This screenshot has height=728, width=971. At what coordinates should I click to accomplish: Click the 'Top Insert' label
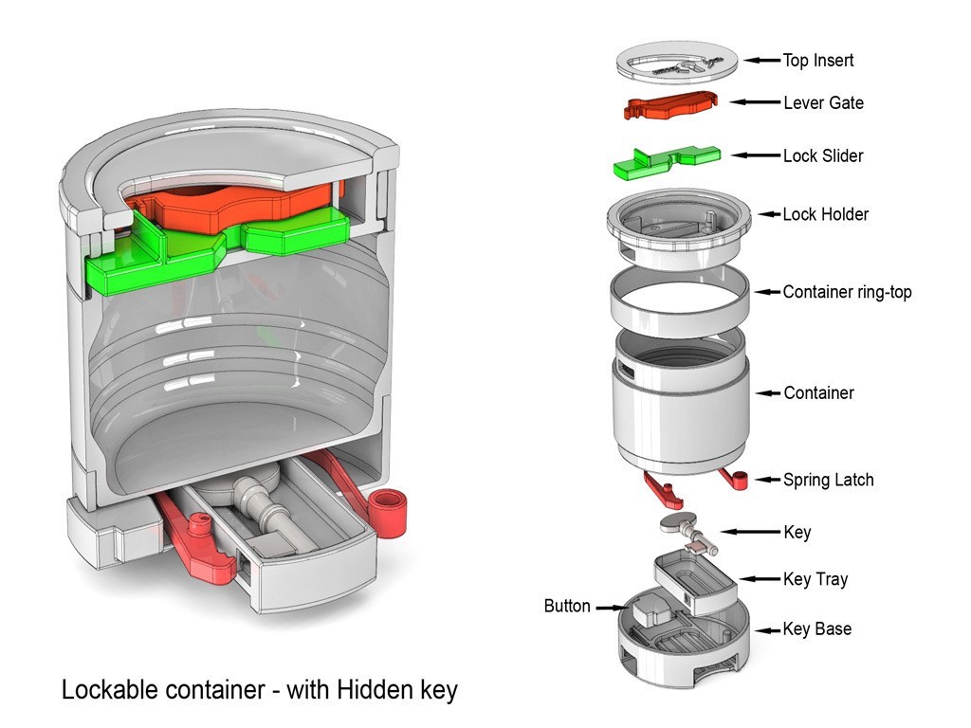817,61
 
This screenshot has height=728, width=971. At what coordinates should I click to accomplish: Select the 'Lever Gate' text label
823,102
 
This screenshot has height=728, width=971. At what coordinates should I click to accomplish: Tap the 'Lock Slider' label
823,155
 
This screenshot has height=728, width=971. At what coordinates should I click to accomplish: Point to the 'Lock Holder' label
825,214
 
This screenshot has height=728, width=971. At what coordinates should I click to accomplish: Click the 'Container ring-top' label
847,292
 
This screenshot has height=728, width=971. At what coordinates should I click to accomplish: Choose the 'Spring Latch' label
828,480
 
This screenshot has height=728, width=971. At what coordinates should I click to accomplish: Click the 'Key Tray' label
815,579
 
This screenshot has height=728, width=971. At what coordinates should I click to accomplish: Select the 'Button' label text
567,606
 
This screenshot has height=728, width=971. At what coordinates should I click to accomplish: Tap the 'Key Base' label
816,628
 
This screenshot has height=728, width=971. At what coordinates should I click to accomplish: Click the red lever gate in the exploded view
669,103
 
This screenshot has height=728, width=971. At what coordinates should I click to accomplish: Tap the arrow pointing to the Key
749,533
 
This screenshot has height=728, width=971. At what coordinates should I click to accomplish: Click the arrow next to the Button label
607,607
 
